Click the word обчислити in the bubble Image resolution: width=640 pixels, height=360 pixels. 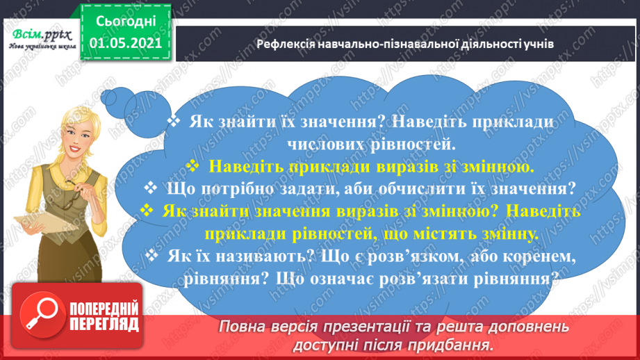tap(445, 188)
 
